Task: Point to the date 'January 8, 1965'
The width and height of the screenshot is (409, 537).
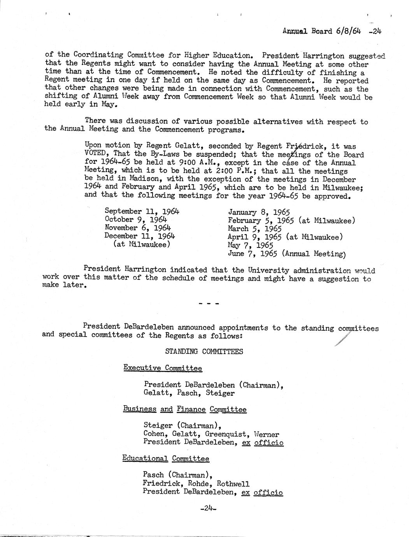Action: [259, 212]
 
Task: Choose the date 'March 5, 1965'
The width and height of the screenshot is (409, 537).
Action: [255, 229]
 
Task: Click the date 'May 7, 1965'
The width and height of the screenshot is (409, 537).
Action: [251, 246]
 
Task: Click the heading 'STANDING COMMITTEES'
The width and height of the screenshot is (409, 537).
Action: [204, 351]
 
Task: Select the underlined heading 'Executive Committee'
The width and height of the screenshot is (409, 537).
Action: [163, 368]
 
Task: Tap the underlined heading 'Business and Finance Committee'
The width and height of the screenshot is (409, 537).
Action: [185, 409]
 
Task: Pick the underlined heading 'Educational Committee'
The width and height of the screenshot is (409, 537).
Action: [166, 458]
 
